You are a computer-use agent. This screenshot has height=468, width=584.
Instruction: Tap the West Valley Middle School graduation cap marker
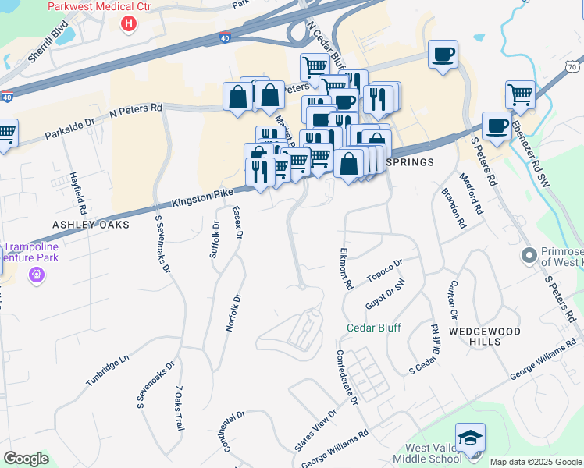click(x=471, y=438)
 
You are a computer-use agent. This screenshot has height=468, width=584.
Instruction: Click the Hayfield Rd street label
click(x=77, y=193)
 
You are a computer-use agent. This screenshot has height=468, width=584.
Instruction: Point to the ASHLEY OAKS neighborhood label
click(x=84, y=224)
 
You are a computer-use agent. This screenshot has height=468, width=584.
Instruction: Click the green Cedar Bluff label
click(x=373, y=328)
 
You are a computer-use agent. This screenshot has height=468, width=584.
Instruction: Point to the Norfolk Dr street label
click(x=231, y=313)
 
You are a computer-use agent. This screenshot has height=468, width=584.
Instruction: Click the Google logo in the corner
click(x=26, y=459)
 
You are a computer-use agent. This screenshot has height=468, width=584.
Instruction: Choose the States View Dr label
click(x=316, y=430)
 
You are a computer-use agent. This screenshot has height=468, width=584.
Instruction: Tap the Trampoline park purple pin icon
click(x=36, y=275)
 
